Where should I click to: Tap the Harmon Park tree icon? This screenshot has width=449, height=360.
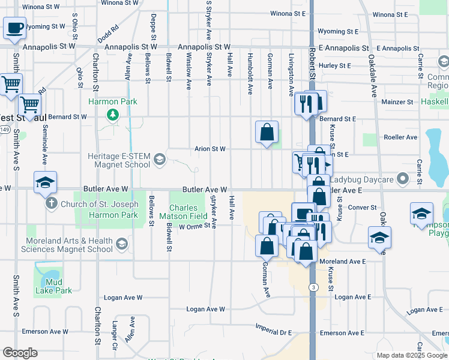pos(112,114)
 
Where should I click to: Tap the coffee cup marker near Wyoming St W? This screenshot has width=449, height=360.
pos(15,28)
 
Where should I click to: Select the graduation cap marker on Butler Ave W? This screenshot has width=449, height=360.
pos(45,184)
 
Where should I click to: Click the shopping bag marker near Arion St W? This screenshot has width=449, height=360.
pos(267,133)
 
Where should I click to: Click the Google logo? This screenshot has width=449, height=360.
pos(20,353)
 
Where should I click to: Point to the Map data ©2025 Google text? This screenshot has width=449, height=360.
pos(412,355)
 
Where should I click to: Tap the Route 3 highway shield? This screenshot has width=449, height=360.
pos(314,287)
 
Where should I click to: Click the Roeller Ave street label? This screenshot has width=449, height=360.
pos(403,137)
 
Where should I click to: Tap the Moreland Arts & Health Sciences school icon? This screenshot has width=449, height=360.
pos(122,243)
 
